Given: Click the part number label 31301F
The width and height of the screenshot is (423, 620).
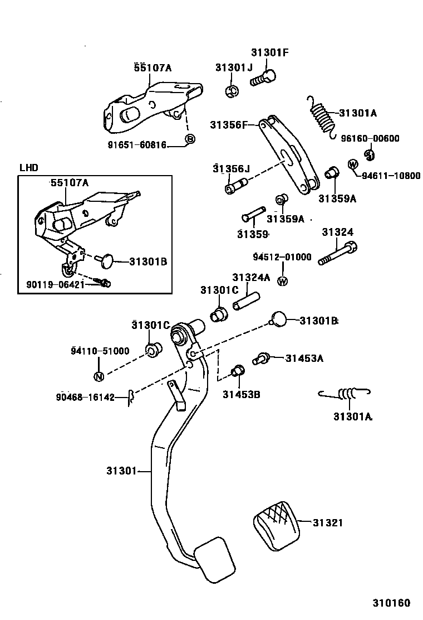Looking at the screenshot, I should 270,53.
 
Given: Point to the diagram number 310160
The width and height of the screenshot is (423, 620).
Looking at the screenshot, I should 391,603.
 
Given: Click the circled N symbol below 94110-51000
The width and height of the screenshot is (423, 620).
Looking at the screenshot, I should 99,376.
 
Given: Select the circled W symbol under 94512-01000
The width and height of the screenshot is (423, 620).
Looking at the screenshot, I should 283,280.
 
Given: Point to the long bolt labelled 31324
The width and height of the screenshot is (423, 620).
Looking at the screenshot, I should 337,254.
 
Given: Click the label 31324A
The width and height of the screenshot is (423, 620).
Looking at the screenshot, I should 251,277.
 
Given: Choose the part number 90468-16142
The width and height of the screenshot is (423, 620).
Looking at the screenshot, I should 85,398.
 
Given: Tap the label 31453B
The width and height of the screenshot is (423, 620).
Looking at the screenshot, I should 241,395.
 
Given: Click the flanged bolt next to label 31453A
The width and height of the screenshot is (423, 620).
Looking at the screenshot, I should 262,359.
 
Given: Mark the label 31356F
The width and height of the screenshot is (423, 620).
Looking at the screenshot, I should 228,125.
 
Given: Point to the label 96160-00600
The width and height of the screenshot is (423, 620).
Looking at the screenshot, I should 370,139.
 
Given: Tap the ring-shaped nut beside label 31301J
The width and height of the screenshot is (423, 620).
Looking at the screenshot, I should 233,90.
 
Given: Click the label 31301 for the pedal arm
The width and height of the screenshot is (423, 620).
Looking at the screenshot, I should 121,471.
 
